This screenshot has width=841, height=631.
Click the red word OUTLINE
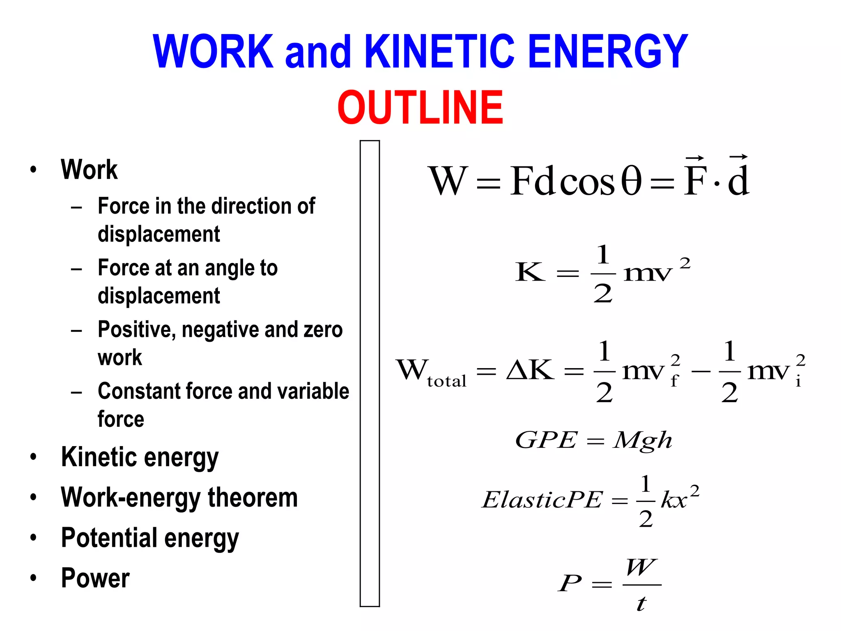420,108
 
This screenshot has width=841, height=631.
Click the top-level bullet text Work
89,170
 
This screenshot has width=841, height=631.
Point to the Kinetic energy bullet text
140,458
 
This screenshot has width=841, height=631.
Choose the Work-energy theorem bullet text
179,498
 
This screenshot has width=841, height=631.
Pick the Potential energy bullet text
150,538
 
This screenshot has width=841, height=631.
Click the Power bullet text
95,578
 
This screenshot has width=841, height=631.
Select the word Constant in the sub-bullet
138,391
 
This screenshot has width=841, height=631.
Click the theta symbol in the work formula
631,181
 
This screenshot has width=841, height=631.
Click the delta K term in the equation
531,370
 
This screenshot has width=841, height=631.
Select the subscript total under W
447,381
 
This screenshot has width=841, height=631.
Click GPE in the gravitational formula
547,440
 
